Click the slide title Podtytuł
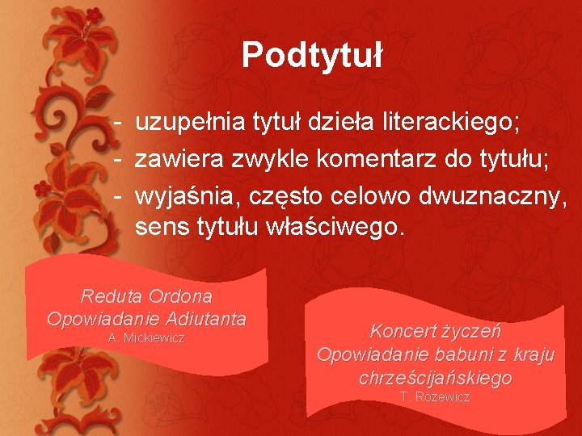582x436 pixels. [311, 55]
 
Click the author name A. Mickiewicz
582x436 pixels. [146, 337]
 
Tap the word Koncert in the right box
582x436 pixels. [402, 330]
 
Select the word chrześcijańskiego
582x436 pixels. [435, 377]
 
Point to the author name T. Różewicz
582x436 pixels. [435, 396]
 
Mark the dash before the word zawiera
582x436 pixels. [118, 159]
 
